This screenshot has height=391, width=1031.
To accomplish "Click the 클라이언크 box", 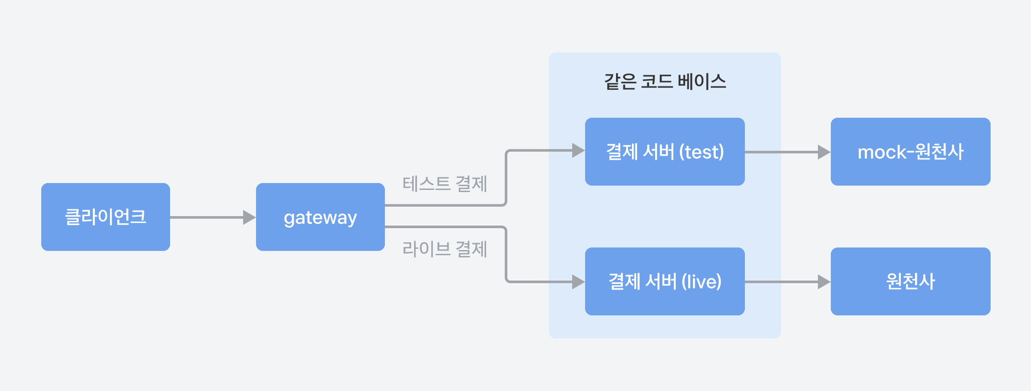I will point(106,217).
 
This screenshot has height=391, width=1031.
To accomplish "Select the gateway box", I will point(320,217).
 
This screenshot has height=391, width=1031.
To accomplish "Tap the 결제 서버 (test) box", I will point(665,152).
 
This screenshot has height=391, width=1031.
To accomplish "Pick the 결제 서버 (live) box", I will point(665,281).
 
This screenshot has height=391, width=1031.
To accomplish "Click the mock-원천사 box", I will point(910,152).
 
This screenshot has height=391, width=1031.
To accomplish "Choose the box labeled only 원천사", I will point(910,281).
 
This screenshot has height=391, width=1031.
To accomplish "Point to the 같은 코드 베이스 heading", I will point(665,81).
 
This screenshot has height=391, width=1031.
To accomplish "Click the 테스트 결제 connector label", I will point(445,184).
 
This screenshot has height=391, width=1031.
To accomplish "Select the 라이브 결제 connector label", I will point(445,249).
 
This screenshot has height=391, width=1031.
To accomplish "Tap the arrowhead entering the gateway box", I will point(249,217).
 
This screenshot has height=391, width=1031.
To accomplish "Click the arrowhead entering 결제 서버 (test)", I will point(578,150).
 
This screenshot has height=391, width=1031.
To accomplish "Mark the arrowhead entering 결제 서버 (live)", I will point(578,282).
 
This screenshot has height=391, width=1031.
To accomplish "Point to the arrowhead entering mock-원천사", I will point(824,152).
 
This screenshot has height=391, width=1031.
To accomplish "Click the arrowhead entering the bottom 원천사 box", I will point(824,282).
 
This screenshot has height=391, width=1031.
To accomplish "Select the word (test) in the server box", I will point(702,152).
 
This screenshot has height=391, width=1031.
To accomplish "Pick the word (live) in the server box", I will point(702,282).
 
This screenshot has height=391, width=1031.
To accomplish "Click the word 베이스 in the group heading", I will point(702,81).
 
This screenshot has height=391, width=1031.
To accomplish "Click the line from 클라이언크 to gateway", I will point(206,217).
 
